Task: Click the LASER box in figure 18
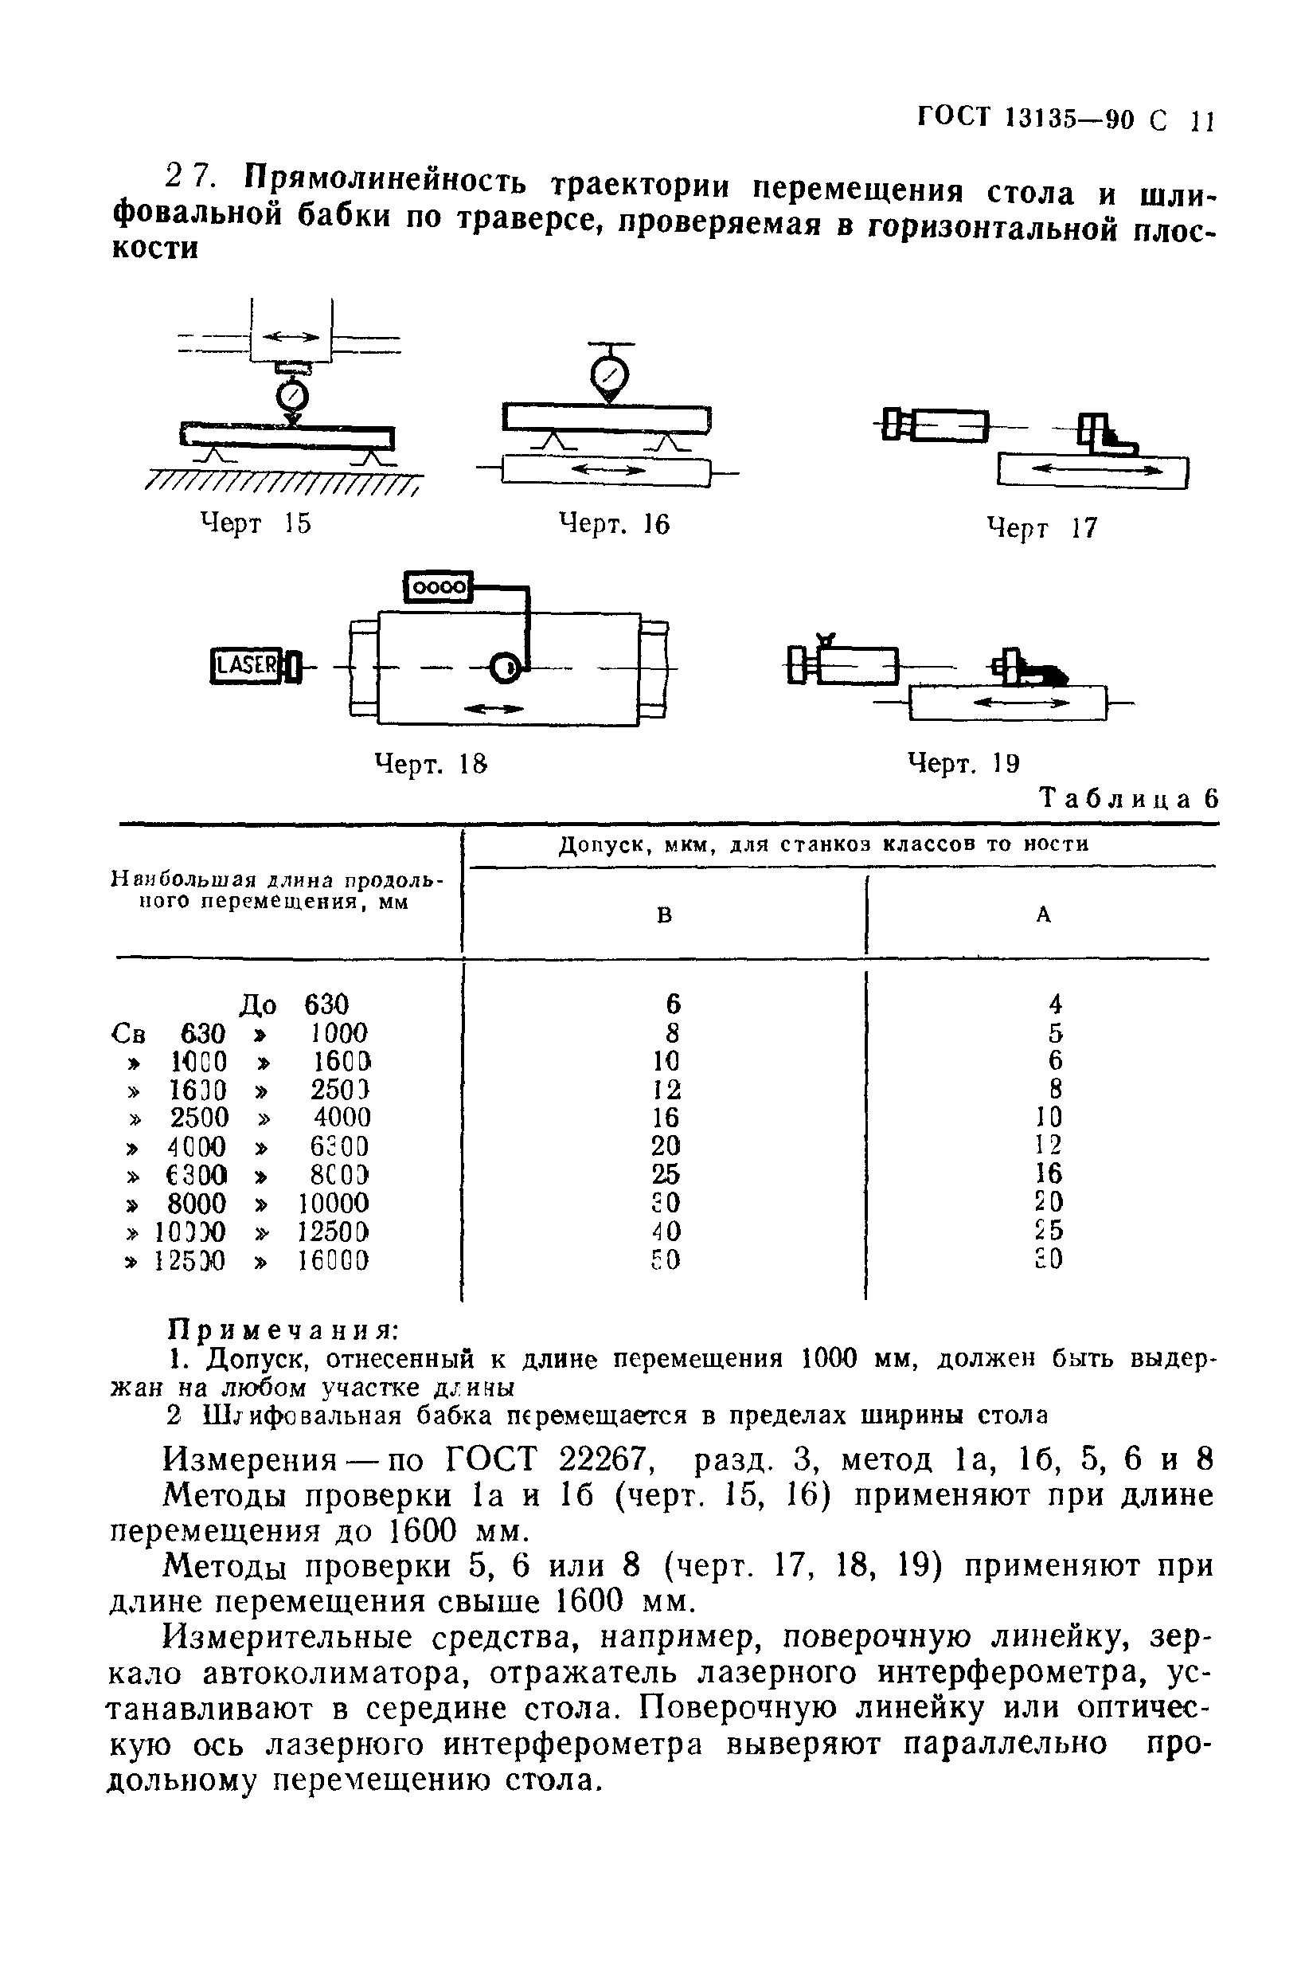click(247, 665)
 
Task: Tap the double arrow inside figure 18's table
click(494, 708)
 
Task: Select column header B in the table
click(664, 915)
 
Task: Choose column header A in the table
click(1043, 914)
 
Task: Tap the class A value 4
click(1055, 1004)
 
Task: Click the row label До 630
click(294, 1004)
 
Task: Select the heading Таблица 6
click(1129, 798)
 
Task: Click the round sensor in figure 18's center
click(505, 667)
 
